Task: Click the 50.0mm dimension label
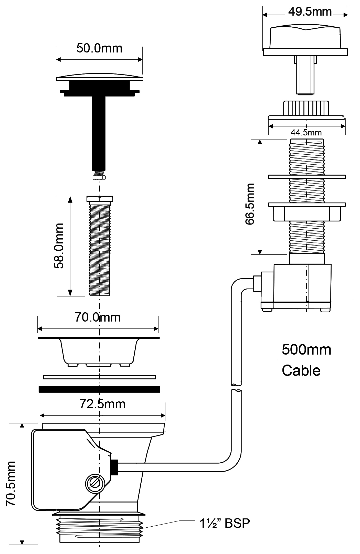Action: [99, 48]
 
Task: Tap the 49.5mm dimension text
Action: [310, 12]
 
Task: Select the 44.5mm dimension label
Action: [306, 132]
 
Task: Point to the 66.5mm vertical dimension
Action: [250, 204]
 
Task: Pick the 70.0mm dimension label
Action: [98, 317]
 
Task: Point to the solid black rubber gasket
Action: [99, 389]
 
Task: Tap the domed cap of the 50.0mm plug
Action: [99, 77]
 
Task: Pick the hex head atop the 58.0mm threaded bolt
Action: [100, 199]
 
